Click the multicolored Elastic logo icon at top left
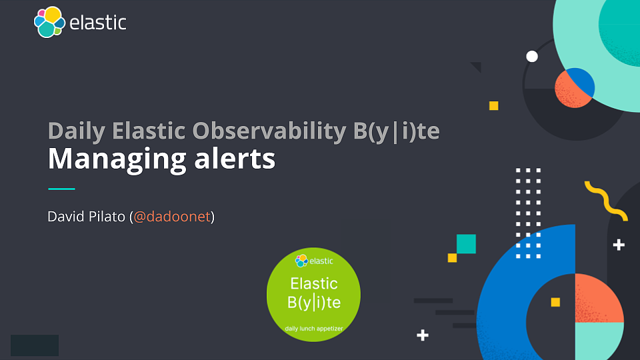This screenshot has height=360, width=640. point(49,22)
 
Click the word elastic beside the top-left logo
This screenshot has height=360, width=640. point(97,22)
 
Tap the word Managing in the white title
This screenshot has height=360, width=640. point(107,160)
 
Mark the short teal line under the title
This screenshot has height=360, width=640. point(61,189)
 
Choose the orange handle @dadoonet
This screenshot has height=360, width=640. point(172,217)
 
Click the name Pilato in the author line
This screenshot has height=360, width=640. point(107,217)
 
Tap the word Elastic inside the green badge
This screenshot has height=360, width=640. point(313,283)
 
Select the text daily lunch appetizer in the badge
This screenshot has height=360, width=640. point(313,329)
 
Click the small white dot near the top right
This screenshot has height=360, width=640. point(532,57)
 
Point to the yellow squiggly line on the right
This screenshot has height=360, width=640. point(605,200)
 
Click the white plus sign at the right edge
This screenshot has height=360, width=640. point(619,245)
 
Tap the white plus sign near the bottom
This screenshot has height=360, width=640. point(422,335)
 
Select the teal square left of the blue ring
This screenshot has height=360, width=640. point(466,244)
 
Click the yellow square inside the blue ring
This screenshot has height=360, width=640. point(555,302)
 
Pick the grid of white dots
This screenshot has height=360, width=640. point(529,213)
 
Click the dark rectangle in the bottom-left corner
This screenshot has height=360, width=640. point(35,345)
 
